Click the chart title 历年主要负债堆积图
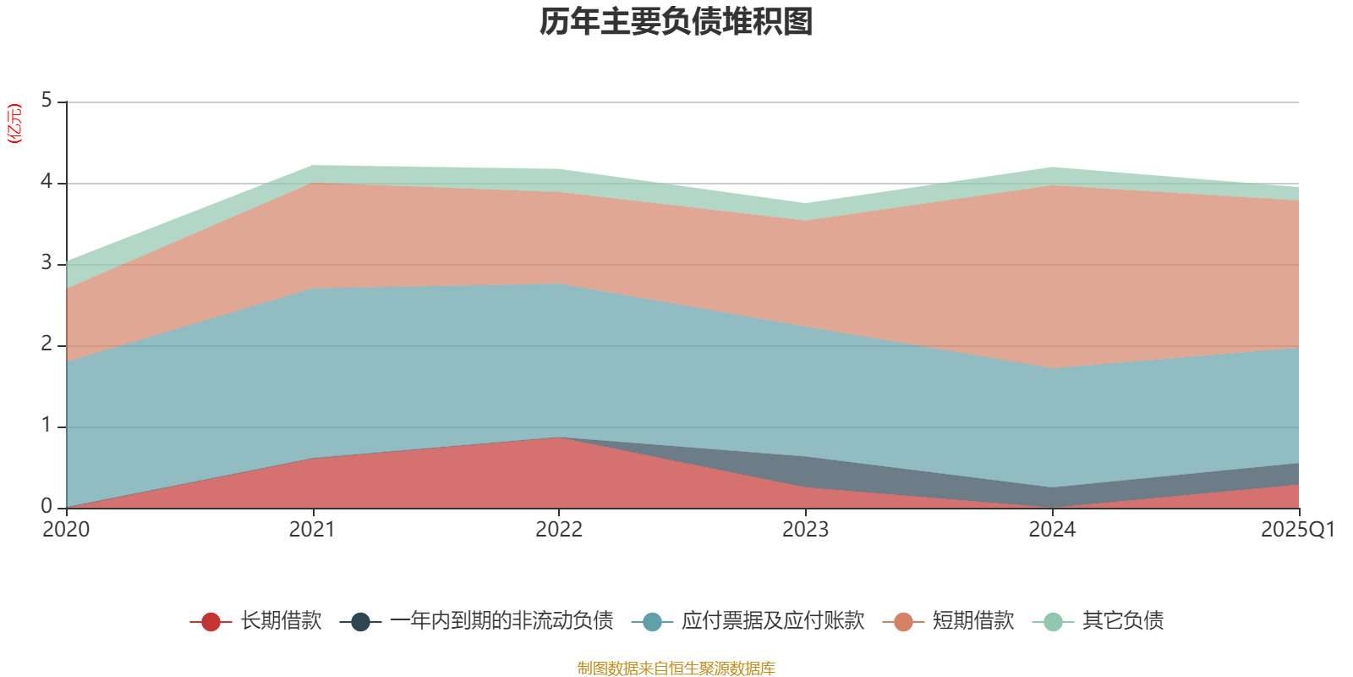pos(676,22)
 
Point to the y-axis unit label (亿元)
pos(14,124)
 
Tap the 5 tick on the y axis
pos(47,101)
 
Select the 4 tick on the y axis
pos(47,182)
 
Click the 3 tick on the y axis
pos(47,263)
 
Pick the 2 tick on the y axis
pos(47,344)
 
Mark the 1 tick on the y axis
pos(47,426)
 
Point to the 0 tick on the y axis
pos(47,507)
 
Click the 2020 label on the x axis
pos(66,530)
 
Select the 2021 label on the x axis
pos(312,530)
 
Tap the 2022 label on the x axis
pos(559,530)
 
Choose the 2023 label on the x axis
pos(805,530)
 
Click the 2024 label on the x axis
pos(1052,530)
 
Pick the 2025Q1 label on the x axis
pos(1297,530)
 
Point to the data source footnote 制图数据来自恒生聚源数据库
pos(676,669)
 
